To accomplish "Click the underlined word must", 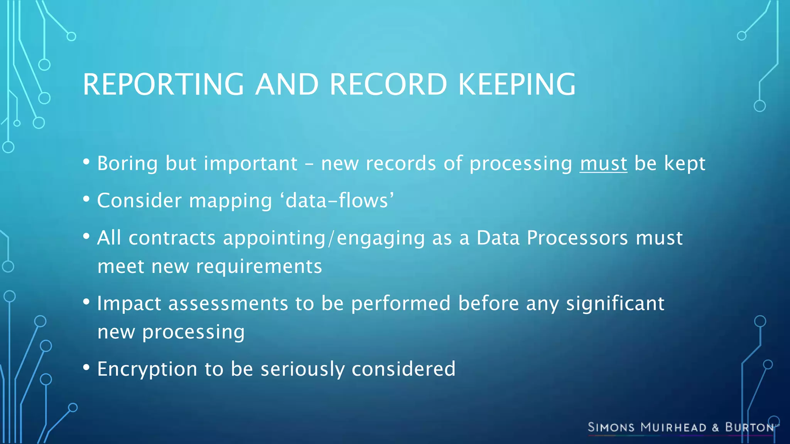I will point(603,163).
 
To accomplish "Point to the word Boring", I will point(127,163).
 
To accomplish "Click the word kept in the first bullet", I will point(685,163).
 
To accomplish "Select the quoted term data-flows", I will point(339,200).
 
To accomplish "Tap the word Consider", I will point(139,200).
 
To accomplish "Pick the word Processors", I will point(577,237).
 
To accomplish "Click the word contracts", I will point(172,237).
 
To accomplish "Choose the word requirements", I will point(259,266).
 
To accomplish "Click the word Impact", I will point(129,303).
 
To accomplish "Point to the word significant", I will point(615,303).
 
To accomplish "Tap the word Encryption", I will point(147,369).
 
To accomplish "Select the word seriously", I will point(302,369).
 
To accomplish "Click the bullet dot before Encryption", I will point(86,367).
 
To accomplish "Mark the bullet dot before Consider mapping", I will point(86,199).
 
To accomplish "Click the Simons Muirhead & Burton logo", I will point(681,427).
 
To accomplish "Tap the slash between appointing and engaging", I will point(331,238).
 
